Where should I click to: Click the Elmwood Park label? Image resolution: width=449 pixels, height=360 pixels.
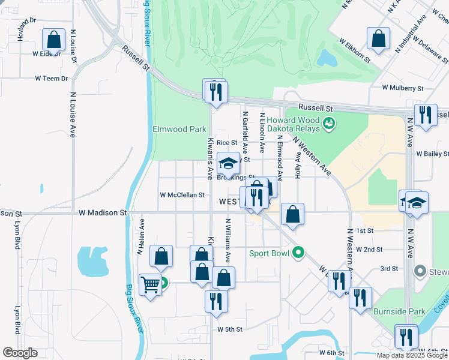pos(179,129)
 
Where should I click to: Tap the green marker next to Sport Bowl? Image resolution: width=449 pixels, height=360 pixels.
pos(298,253)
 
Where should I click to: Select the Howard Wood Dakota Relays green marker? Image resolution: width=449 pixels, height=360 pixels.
pos(328,124)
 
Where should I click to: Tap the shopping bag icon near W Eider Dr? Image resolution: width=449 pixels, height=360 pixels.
pos(54,40)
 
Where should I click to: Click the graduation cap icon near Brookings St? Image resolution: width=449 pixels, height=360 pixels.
pos(228,163)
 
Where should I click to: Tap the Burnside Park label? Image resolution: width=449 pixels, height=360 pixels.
pos(399,311)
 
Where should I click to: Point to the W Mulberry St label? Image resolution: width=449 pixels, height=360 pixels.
pos(403,88)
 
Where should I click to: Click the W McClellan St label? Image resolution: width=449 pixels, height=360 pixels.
pos(182,195)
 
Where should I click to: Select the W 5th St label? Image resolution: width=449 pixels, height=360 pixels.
pos(230,329)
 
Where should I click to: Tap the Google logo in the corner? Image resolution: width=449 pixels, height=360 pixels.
pos(19,353)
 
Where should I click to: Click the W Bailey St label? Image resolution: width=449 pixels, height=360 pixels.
pos(432,154)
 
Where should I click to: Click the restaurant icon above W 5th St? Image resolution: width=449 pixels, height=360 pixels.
pos(216,301)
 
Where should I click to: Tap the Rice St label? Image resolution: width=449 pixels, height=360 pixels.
pos(227,143)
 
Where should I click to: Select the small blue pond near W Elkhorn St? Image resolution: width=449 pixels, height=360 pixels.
pos(328,58)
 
